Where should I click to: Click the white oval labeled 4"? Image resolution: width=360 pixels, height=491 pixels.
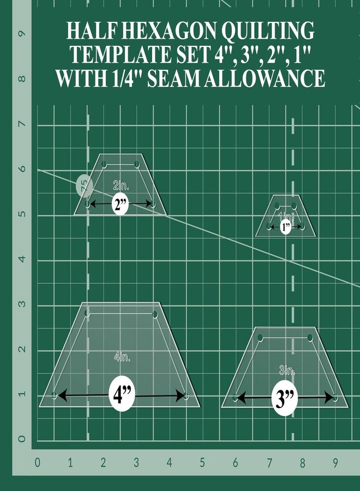(x=123, y=394)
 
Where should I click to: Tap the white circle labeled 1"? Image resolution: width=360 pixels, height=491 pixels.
(x=286, y=226)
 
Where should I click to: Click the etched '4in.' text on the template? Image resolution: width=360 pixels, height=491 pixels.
(x=122, y=357)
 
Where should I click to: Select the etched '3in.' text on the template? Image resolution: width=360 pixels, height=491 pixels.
(x=287, y=372)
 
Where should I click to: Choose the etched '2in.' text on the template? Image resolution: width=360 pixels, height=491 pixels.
(x=121, y=184)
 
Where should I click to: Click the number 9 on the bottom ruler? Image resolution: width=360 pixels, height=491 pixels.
(x=335, y=463)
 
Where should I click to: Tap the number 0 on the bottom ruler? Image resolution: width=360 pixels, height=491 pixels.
(x=37, y=463)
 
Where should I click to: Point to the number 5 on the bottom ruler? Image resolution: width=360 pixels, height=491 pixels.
(x=202, y=463)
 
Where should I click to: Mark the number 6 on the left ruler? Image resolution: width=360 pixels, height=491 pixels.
(x=22, y=170)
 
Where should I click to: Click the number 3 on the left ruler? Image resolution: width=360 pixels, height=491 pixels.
(x=22, y=304)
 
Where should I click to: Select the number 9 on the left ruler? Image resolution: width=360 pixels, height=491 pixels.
(x=22, y=34)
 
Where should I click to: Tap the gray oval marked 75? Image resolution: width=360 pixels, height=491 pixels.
(x=83, y=186)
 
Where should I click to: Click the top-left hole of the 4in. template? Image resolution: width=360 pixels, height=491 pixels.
(x=87, y=314)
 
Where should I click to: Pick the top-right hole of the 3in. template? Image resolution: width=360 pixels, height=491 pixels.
(x=311, y=338)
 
